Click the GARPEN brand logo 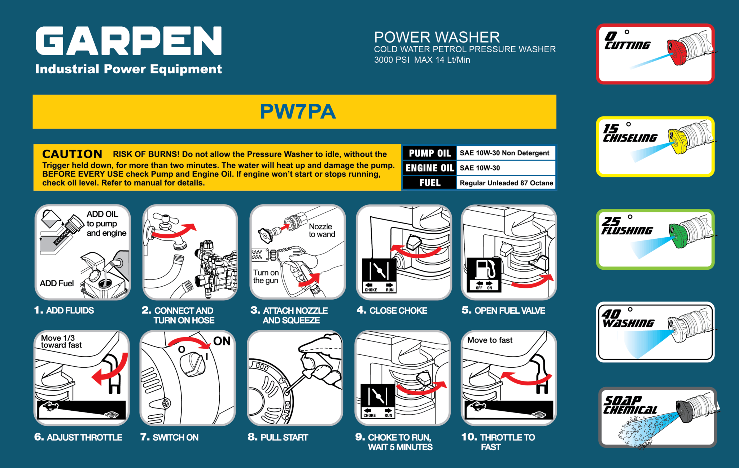pos(128,41)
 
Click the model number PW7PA pos(298,111)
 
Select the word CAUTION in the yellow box pos(72,154)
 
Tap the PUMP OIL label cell pos(429,153)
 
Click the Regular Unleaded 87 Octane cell pos(506,183)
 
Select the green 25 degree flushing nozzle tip pos(677,235)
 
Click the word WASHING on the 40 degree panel pos(628,323)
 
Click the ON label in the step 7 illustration pos(222,341)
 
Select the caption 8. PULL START pos(278,437)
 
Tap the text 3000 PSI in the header pos(391,60)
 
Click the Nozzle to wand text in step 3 pos(322,230)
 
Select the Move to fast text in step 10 pos(490,340)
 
